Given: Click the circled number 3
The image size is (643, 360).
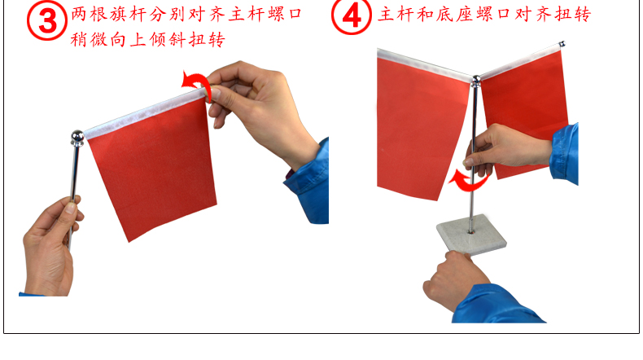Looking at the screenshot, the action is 47,20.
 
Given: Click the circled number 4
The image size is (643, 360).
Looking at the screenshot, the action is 352,15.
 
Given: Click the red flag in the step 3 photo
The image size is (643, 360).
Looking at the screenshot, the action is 151,165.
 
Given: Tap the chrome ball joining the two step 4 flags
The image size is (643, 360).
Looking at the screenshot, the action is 475,81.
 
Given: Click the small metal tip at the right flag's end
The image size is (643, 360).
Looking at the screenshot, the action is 562,44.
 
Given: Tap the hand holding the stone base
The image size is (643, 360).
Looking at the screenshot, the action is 455,279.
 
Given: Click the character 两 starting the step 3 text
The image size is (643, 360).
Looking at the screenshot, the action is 79,15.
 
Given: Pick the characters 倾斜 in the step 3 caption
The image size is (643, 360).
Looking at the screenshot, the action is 168,40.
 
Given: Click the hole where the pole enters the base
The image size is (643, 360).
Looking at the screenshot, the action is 470,232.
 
